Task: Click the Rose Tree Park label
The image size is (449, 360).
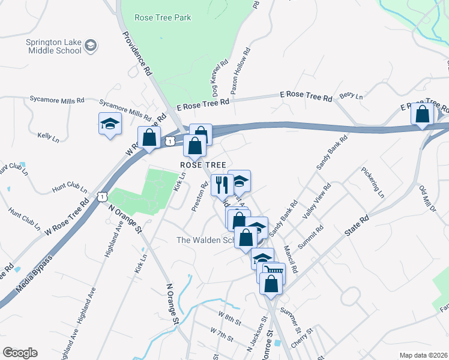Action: tap(163, 17)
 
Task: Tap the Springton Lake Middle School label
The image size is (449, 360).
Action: tap(53, 46)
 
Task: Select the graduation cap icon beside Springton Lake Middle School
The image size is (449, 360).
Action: tap(91, 46)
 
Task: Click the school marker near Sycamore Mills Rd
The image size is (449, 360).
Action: tap(110, 124)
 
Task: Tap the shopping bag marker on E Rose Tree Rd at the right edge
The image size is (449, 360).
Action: tap(423, 113)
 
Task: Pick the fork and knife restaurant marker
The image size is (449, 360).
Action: tap(221, 184)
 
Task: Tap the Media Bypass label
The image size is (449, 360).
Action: tap(35, 274)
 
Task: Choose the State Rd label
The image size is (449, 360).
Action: tap(357, 225)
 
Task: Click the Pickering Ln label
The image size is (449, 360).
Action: tap(372, 182)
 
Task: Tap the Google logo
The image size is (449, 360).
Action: tap(20, 352)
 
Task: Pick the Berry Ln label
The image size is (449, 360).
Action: tap(351, 96)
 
